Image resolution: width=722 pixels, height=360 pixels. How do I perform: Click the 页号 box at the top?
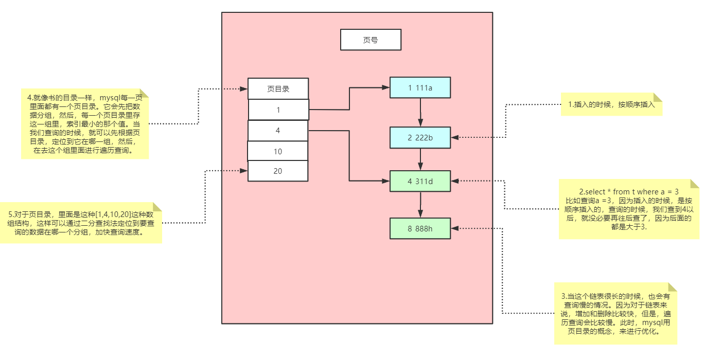point(371,40)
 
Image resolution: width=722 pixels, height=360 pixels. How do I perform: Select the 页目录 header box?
point(278,88)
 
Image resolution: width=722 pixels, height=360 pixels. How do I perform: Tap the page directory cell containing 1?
point(278,110)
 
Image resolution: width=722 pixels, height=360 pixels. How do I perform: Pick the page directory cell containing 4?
point(278,131)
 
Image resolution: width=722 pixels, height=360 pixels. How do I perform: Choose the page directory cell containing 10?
point(277,151)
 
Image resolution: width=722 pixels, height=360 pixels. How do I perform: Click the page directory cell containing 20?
point(278,171)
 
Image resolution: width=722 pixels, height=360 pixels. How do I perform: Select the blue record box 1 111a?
point(420,87)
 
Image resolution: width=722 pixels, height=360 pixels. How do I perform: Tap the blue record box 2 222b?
point(420,137)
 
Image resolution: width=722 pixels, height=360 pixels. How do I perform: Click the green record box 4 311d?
point(420,181)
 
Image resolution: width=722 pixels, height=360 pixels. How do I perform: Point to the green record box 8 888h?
point(420,228)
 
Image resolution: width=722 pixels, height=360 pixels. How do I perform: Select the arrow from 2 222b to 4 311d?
point(420,159)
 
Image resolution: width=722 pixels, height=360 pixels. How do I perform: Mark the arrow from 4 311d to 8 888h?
point(420,205)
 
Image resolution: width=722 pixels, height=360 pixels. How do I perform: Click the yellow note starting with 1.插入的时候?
point(611,104)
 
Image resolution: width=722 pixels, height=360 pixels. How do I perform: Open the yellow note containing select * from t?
point(629,209)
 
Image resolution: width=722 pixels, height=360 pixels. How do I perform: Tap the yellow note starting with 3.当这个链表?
point(615,314)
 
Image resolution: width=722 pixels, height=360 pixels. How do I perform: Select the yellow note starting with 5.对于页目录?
point(81,223)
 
